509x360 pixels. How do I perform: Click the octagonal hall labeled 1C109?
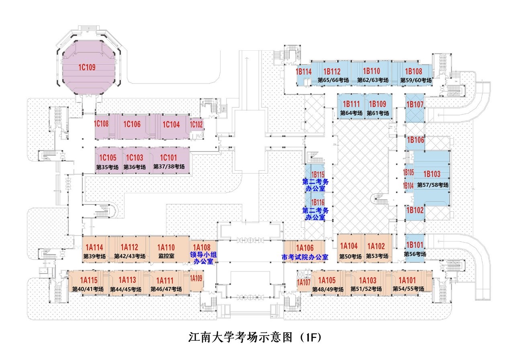87,67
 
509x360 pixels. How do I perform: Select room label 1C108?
102,124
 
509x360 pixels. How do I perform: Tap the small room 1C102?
196,124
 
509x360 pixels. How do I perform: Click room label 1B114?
304,72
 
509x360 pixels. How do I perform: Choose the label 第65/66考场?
333,80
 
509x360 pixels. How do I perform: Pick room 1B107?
415,104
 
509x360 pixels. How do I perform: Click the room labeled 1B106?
415,140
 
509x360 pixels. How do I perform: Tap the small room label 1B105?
408,172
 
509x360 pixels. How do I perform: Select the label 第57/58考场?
432,185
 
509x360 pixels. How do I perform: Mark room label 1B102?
415,210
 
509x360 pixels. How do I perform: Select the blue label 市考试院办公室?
305,257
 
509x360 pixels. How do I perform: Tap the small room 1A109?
196,278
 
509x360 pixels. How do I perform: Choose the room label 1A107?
304,282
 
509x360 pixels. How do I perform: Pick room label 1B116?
317,202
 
